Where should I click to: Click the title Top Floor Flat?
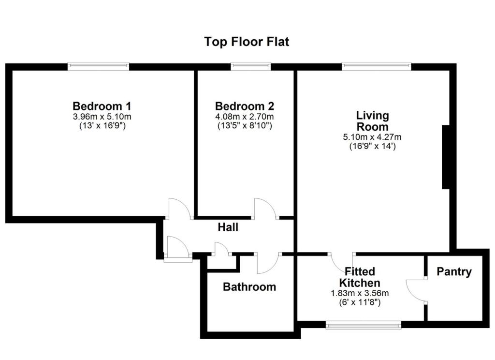[247, 42]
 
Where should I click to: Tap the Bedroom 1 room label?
[102, 106]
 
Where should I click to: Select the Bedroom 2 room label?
[245, 106]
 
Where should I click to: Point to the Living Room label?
[372, 121]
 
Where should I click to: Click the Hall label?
[228, 226]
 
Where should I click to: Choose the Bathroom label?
[249, 287]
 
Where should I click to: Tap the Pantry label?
[454, 272]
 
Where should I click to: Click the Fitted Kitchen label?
[360, 277]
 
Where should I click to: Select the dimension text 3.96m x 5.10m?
[102, 117]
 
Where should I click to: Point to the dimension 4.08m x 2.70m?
[245, 117]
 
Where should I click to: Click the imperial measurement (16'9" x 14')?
[372, 146]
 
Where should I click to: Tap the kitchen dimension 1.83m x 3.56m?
[360, 293]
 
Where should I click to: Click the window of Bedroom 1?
[98, 66]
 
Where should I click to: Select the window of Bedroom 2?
[250, 66]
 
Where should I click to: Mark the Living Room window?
[376, 66]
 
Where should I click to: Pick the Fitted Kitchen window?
[363, 326]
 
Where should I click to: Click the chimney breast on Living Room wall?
[446, 157]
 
